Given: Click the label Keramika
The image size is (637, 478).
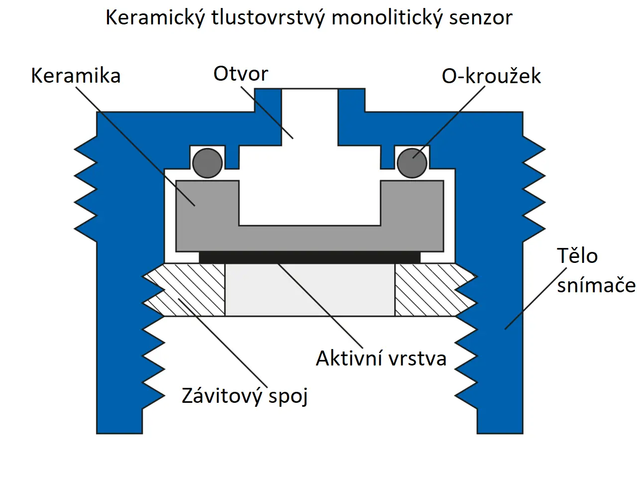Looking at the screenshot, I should (x=76, y=76).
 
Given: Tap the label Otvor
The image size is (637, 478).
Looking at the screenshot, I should (x=241, y=74).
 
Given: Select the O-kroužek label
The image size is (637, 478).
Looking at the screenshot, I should (x=491, y=76).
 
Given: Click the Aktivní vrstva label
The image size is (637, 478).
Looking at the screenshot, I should (x=381, y=358).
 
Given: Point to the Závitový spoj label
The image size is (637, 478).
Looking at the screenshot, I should (x=245, y=396).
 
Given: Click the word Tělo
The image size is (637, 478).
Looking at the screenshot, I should (x=577, y=255).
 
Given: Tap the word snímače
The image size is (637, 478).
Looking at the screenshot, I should (x=596, y=285).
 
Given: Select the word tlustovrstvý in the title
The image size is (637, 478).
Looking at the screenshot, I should (x=268, y=18).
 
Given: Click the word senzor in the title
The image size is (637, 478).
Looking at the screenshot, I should (x=480, y=18).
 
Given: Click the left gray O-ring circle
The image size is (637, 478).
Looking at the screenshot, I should (x=208, y=163).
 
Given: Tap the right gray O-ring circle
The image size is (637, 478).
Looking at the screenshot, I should (x=412, y=163).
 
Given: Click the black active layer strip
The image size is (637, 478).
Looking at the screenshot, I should (x=310, y=257).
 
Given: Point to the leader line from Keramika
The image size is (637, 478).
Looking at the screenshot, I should (x=129, y=139).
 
